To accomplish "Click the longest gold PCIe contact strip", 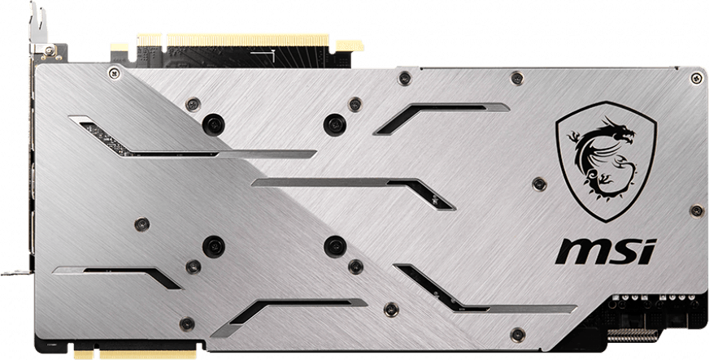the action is point(248,40).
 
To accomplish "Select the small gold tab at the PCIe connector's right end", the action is point(350,46).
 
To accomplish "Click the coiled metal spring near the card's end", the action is point(633,335).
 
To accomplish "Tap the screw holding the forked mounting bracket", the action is point(50,51).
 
